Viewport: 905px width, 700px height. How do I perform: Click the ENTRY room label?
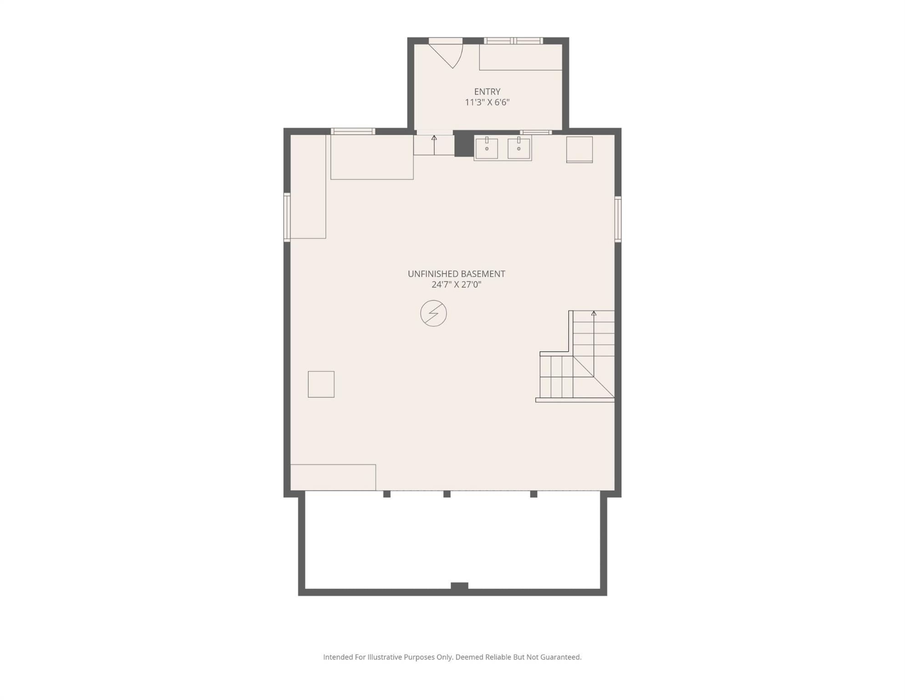click(487, 92)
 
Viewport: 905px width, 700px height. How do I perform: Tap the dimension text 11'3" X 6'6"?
click(487, 103)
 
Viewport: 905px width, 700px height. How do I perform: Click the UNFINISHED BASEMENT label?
click(456, 274)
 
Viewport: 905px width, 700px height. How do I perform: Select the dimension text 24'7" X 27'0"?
click(456, 285)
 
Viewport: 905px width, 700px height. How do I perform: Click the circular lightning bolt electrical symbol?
click(433, 314)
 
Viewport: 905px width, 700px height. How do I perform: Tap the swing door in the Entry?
click(448, 54)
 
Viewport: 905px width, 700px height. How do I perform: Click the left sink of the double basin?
click(487, 148)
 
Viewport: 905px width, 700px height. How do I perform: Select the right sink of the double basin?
click(519, 148)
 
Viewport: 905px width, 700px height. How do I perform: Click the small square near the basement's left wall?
click(321, 384)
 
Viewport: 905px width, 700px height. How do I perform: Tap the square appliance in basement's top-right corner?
click(579, 149)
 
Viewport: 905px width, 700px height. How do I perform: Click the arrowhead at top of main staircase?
click(594, 314)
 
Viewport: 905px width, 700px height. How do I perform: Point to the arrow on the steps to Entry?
click(434, 138)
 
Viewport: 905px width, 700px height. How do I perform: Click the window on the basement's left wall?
click(287, 217)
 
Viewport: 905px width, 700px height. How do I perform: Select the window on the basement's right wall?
click(618, 219)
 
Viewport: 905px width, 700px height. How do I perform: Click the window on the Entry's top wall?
click(513, 41)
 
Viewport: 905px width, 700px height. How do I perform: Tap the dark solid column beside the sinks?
click(464, 144)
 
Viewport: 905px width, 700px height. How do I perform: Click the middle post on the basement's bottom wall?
click(447, 494)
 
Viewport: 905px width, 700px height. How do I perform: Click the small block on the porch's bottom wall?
click(459, 586)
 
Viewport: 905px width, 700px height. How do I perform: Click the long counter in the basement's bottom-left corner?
click(333, 477)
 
